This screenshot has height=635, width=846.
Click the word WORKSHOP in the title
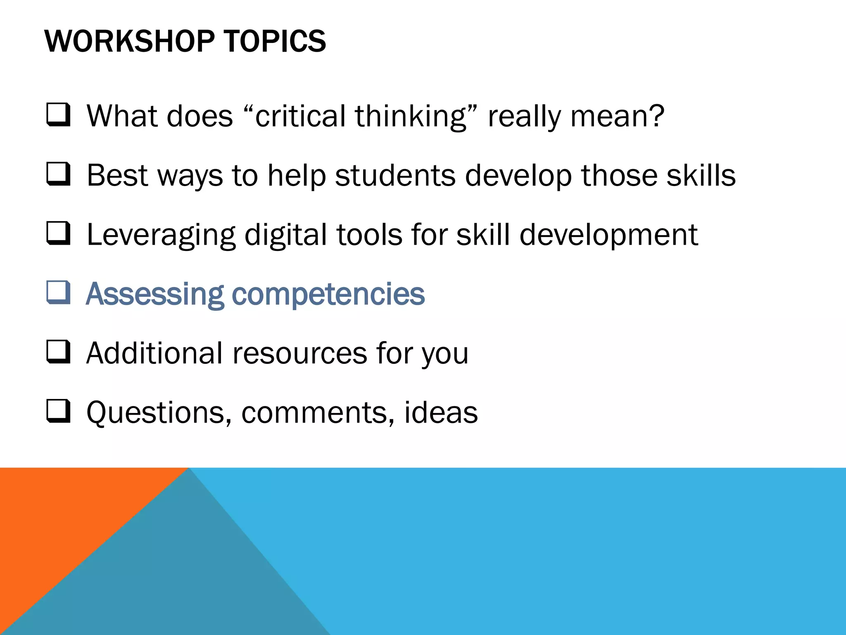(129, 41)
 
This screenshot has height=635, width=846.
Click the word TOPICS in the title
(275, 41)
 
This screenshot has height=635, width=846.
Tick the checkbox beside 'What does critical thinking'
(58, 115)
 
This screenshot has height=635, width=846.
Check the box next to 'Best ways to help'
(58, 174)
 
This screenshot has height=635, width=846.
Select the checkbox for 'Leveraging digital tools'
(58, 234)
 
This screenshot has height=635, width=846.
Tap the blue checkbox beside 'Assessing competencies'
(58, 293)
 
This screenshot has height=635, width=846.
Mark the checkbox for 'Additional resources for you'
(58, 352)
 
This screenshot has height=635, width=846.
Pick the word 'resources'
(300, 354)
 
